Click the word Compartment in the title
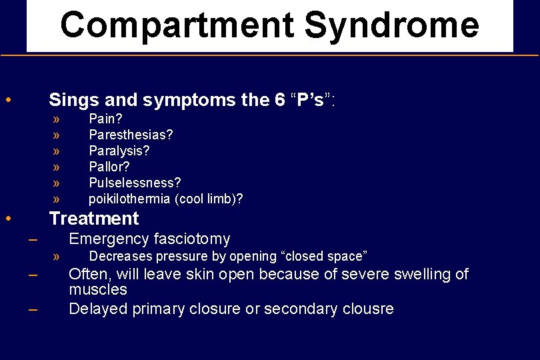pos(177,25)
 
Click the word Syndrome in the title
pos(391,25)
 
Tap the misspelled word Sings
pos(71,101)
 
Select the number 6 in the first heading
pos(279,101)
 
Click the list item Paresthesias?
pos(131,135)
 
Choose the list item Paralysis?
pos(119,151)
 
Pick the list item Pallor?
pos(109,167)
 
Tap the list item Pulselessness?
pos(135,183)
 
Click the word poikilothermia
pos(129,199)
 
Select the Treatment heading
pos(94,219)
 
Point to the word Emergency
pos(109,239)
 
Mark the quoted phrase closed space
pos(324,257)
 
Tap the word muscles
pos(98,290)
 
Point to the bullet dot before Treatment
pos(7,219)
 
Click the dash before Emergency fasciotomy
pos(33,240)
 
